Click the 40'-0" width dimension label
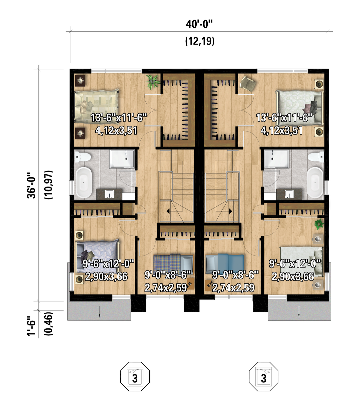pyautogui.click(x=199, y=25)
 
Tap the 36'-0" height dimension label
pyautogui.click(x=31, y=185)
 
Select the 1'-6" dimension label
pyautogui.click(x=31, y=326)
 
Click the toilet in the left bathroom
pyautogui.click(x=82, y=157)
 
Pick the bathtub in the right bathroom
pyautogui.click(x=315, y=182)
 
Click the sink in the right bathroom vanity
pyautogui.click(x=289, y=194)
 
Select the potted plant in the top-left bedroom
pyautogui.click(x=153, y=81)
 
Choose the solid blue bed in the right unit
pyautogui.click(x=225, y=264)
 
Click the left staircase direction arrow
pyautogui.click(x=168, y=211)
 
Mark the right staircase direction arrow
pyautogui.click(x=231, y=211)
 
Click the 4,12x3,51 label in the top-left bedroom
pyautogui.click(x=116, y=131)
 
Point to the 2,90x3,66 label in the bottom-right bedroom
pyautogui.click(x=293, y=277)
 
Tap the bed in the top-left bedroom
pyautogui.click(x=96, y=107)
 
